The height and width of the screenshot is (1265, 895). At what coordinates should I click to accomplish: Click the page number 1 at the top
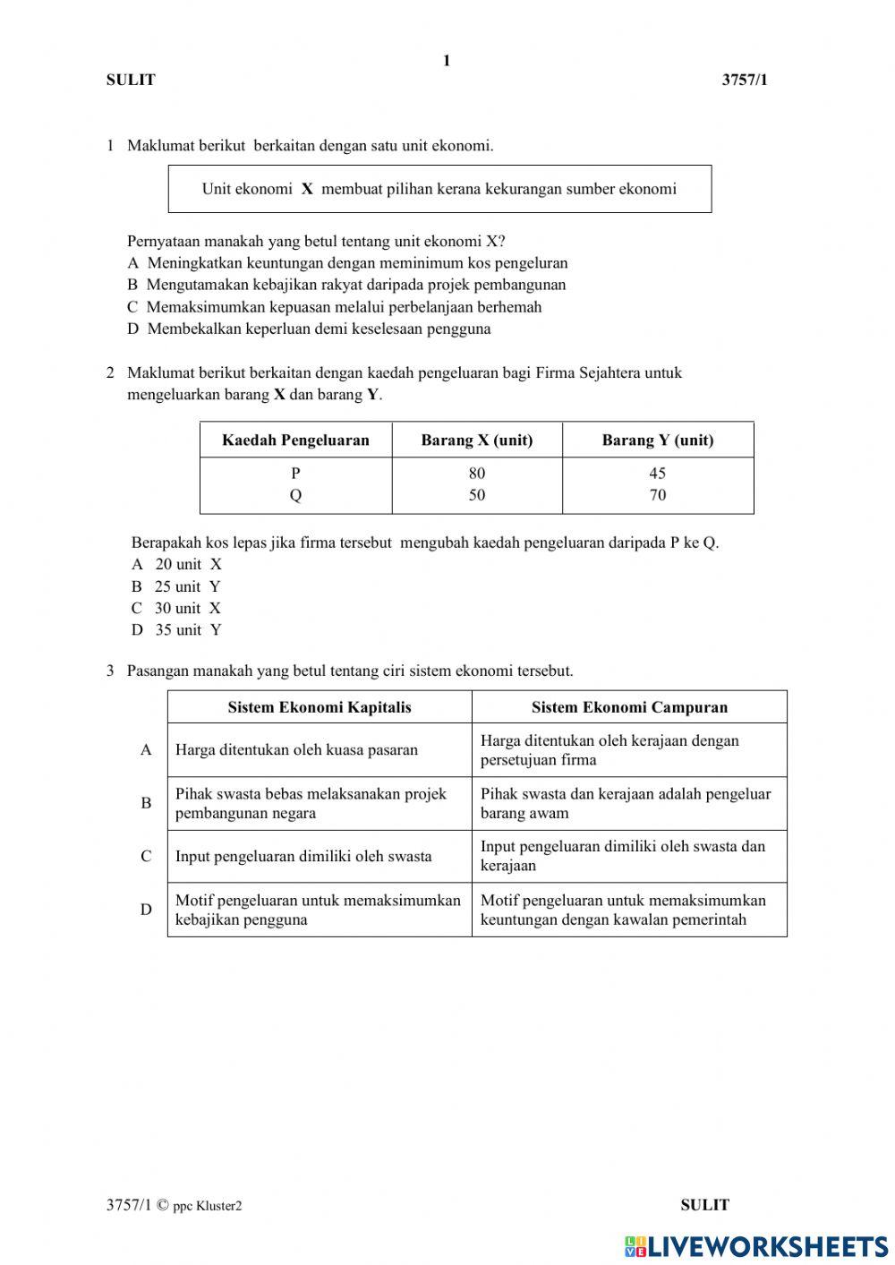(x=447, y=61)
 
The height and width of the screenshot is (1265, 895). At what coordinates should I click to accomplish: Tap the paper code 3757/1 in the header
(x=745, y=80)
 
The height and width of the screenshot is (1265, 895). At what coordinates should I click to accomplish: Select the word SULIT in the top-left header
(x=131, y=80)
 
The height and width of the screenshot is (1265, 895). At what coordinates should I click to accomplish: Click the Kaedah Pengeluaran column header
(x=295, y=440)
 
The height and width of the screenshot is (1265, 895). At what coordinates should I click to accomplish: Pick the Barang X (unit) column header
(x=476, y=440)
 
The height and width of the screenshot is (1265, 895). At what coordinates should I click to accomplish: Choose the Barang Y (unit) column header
(x=658, y=440)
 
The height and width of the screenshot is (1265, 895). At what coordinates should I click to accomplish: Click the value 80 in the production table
(x=476, y=473)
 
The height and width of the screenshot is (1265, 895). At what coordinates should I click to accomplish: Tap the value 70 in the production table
(x=658, y=495)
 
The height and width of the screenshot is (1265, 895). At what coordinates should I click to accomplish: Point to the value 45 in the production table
(x=658, y=473)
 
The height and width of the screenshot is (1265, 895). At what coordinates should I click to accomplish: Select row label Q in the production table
(x=295, y=495)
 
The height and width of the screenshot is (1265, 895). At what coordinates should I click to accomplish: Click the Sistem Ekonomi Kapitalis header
(x=320, y=707)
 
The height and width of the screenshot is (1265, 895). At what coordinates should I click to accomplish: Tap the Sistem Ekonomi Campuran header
(x=629, y=707)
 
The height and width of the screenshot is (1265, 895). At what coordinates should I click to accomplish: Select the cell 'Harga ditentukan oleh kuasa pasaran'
(x=296, y=750)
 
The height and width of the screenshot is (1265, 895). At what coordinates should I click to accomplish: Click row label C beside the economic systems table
(x=146, y=857)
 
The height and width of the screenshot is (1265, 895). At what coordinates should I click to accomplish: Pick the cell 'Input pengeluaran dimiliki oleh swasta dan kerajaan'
(x=623, y=856)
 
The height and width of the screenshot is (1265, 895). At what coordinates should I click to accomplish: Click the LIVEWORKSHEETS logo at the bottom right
(x=756, y=1246)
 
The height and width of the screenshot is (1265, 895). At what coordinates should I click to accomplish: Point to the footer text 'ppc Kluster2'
(x=208, y=1206)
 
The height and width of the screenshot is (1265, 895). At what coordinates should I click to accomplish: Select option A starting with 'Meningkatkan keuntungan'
(x=348, y=263)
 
